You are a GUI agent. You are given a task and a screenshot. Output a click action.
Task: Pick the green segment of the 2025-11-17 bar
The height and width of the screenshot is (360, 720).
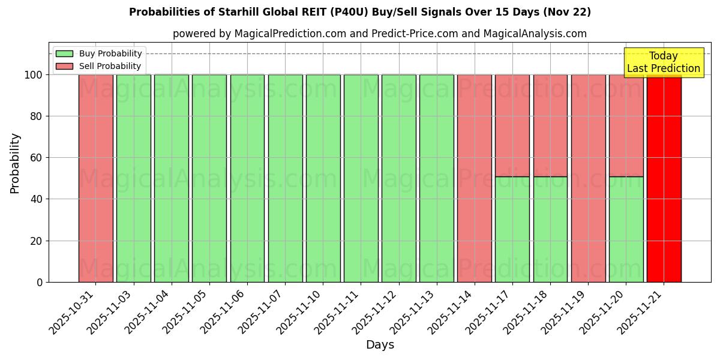[512, 229]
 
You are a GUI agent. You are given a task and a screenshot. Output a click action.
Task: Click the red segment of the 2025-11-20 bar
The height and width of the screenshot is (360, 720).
[626, 125]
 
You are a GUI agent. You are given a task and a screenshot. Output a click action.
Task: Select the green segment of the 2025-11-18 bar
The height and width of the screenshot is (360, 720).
[550, 229]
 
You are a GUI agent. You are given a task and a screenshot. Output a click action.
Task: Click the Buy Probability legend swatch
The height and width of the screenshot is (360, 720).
[64, 54]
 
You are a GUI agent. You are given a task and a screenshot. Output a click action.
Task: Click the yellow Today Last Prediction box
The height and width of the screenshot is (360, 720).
[664, 62]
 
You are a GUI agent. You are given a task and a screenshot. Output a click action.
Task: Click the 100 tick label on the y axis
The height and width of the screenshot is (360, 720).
[34, 75]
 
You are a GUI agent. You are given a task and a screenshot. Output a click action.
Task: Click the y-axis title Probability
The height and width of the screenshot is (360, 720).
[15, 163]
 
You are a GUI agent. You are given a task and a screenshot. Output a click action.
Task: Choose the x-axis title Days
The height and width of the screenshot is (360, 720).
[380, 345]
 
